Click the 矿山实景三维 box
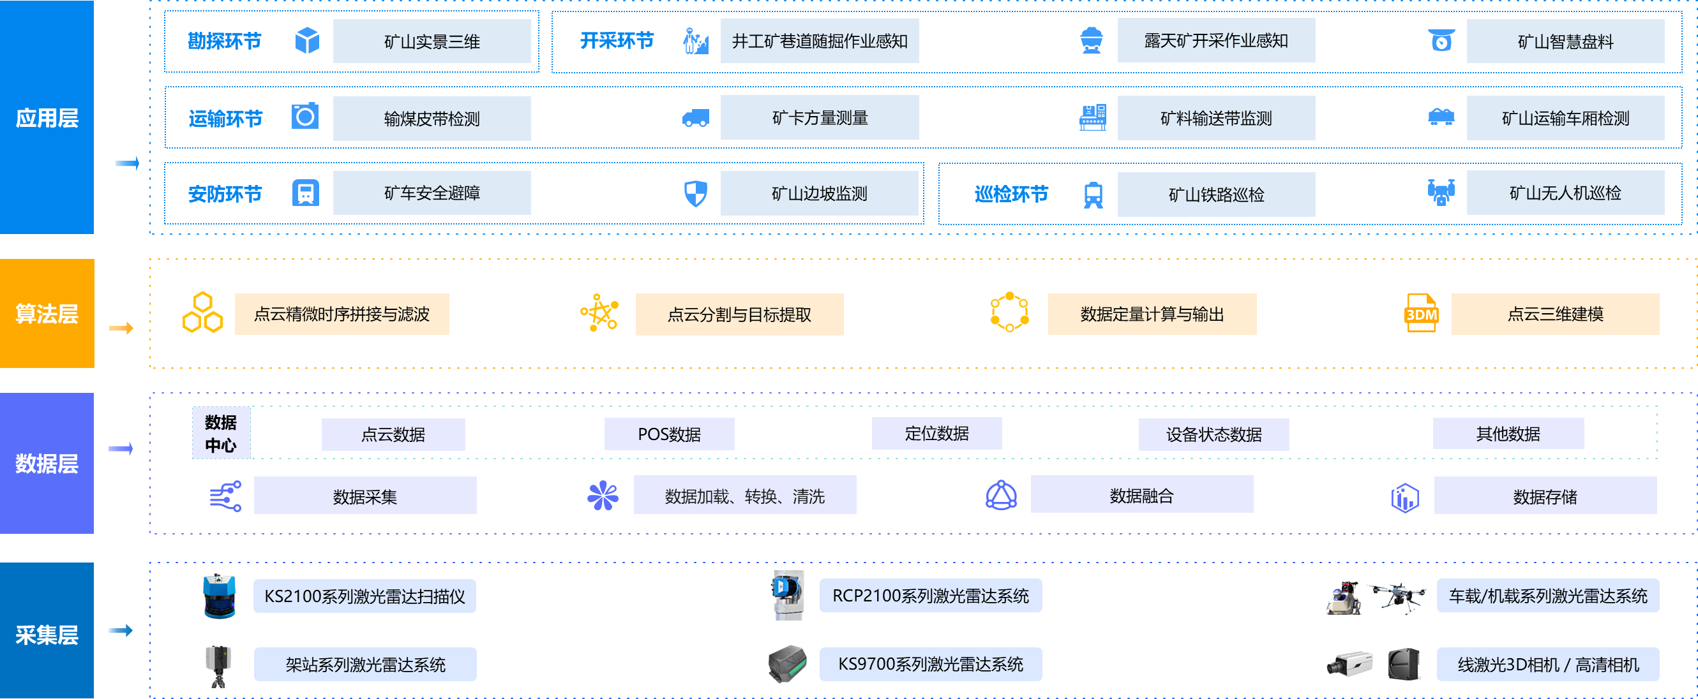(432, 41)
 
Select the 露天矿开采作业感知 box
(1216, 41)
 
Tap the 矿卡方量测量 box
(820, 118)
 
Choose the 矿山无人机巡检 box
(1565, 193)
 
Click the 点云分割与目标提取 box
(739, 314)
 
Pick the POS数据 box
(669, 434)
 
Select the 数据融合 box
(1141, 496)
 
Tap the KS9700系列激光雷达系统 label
(930, 664)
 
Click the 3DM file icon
(1421, 313)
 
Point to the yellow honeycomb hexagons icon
(202, 313)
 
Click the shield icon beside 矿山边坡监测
(695, 194)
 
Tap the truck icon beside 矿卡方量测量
(695, 119)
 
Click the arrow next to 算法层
(121, 328)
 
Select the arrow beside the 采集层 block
(121, 631)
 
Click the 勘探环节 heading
(224, 41)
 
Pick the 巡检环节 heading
(1011, 195)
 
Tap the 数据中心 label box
(221, 433)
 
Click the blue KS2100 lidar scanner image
(220, 596)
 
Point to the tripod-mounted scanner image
(218, 665)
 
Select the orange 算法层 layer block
(47, 314)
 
